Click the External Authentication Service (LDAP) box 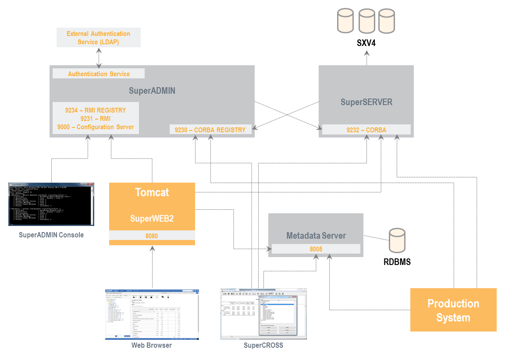99,38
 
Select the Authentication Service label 99,74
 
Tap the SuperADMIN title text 152,91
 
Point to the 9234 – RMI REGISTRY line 96,110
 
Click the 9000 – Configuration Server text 96,127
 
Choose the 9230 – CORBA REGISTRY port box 210,130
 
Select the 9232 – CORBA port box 366,130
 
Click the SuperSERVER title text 366,102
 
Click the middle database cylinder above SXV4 366,21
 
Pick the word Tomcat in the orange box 152,193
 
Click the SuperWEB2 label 152,219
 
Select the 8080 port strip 152,236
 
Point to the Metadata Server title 316,236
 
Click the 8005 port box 316,249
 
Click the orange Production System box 453,310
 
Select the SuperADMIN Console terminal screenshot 51,204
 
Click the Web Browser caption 152,346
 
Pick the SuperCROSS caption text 263,346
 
